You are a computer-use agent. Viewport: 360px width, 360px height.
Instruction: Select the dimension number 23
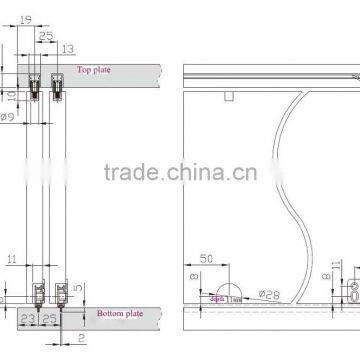tap(27, 319)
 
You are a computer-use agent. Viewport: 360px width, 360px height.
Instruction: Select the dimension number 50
tap(205, 260)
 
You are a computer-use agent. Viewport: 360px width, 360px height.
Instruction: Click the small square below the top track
tap(229, 95)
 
